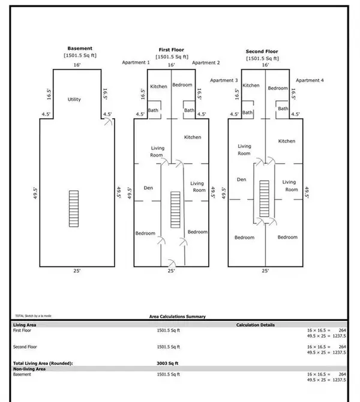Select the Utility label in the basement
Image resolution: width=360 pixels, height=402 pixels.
tap(74, 100)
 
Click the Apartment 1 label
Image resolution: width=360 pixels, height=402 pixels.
tap(135, 62)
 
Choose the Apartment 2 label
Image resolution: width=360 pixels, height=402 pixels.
tap(206, 62)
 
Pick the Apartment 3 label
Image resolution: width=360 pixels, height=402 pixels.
tap(224, 80)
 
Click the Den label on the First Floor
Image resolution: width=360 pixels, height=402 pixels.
tap(149, 188)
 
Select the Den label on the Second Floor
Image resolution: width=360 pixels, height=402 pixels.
tap(242, 179)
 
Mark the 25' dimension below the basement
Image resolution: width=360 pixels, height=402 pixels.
tap(77, 271)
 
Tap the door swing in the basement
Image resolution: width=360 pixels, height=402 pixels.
tap(107, 122)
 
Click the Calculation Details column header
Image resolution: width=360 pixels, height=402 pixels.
tap(256, 325)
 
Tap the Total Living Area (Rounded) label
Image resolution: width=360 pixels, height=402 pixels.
tap(43, 364)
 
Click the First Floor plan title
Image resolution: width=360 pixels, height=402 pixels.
tap(172, 50)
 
